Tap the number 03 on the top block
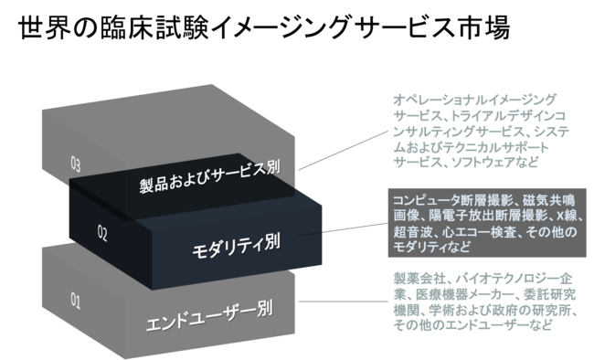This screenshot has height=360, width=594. (x=77, y=164)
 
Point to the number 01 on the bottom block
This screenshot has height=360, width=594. (x=77, y=298)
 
